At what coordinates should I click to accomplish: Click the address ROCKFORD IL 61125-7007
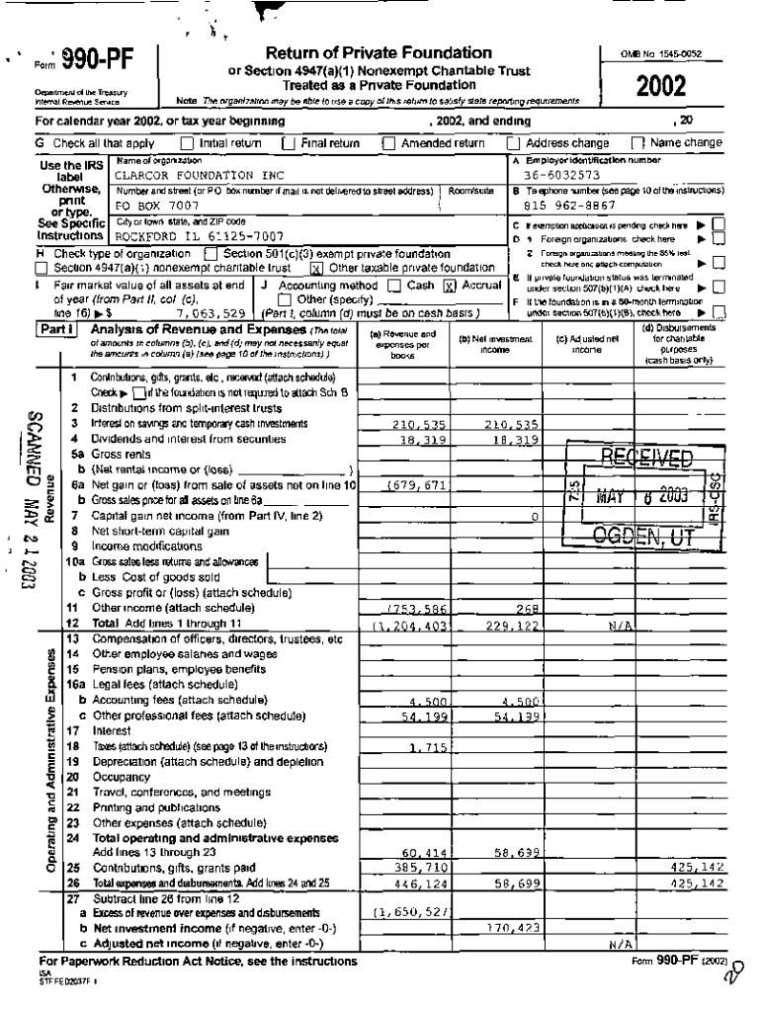[x=201, y=237]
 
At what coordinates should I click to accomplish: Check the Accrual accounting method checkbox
[x=448, y=285]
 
